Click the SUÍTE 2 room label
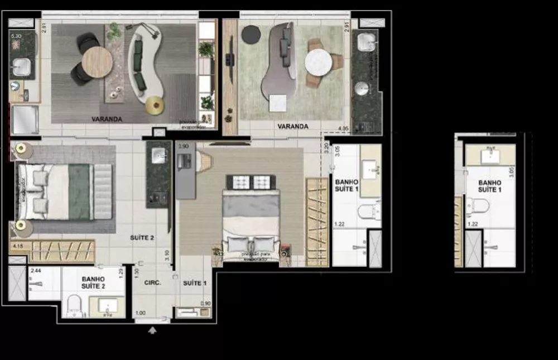(142, 238)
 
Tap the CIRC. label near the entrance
(152, 283)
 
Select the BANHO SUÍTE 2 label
(93, 282)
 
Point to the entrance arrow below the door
(153, 330)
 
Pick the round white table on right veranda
(319, 62)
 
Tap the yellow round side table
(155, 104)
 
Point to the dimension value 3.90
(183, 146)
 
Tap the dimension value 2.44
(35, 270)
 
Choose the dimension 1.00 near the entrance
(141, 313)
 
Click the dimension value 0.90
(205, 304)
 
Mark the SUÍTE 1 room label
(195, 283)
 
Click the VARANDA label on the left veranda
(107, 119)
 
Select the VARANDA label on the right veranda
(293, 127)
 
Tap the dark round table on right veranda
(250, 34)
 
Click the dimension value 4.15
(16, 246)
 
